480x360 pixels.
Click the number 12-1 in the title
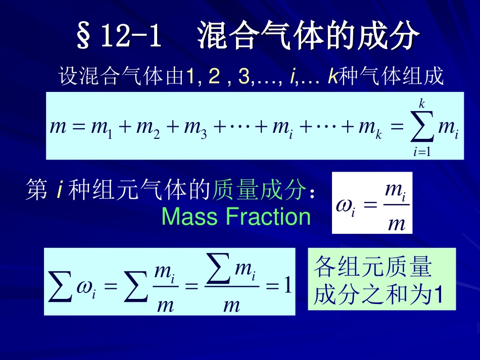(131, 36)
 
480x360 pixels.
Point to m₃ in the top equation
(195, 128)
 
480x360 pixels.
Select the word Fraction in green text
(268, 217)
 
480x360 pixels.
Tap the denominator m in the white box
(397, 222)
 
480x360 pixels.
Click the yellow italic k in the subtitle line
(332, 77)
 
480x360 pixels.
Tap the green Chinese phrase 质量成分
(259, 191)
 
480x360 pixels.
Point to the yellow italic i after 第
(59, 191)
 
